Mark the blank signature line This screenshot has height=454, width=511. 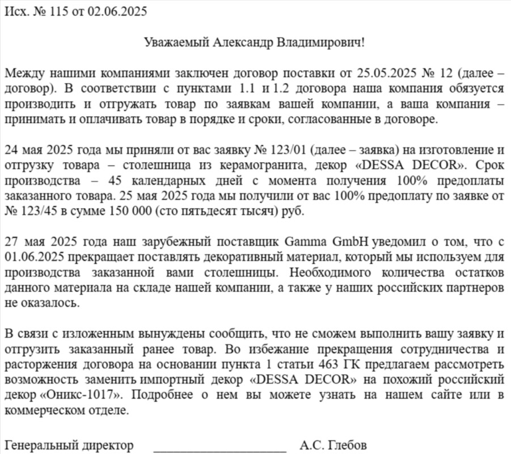coord(219,448)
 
